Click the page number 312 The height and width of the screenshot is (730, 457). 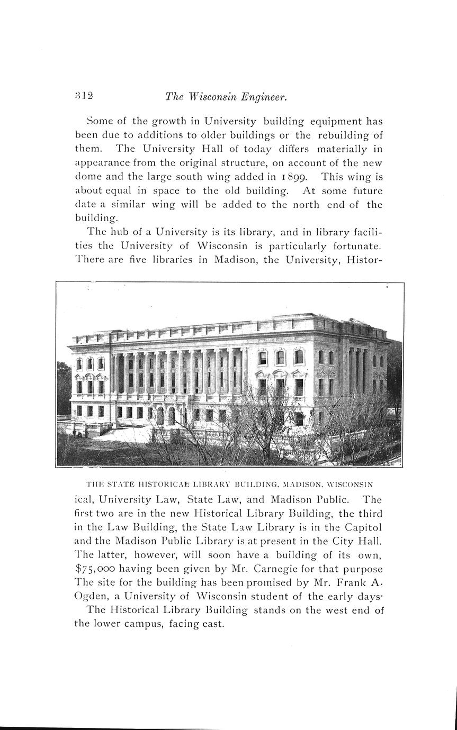(x=84, y=96)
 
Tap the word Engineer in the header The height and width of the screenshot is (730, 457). (x=264, y=97)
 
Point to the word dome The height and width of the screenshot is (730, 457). (x=88, y=177)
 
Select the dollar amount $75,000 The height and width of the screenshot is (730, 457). (x=100, y=569)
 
